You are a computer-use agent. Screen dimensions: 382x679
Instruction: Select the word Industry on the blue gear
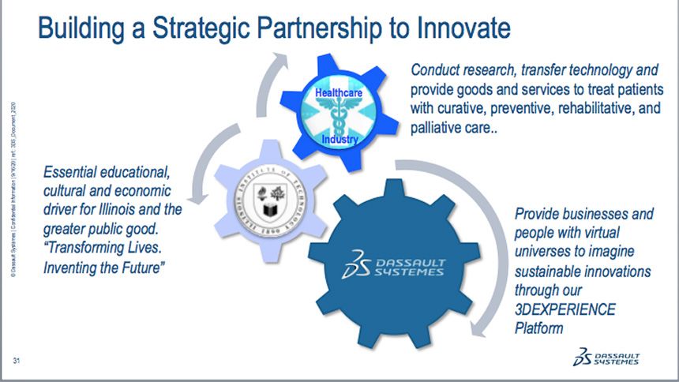coord(339,140)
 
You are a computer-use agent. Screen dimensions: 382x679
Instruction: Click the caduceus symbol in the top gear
coord(339,116)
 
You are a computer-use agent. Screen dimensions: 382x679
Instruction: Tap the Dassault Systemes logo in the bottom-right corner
coord(607,356)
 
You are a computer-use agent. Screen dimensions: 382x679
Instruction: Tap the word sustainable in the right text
coord(553,272)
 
